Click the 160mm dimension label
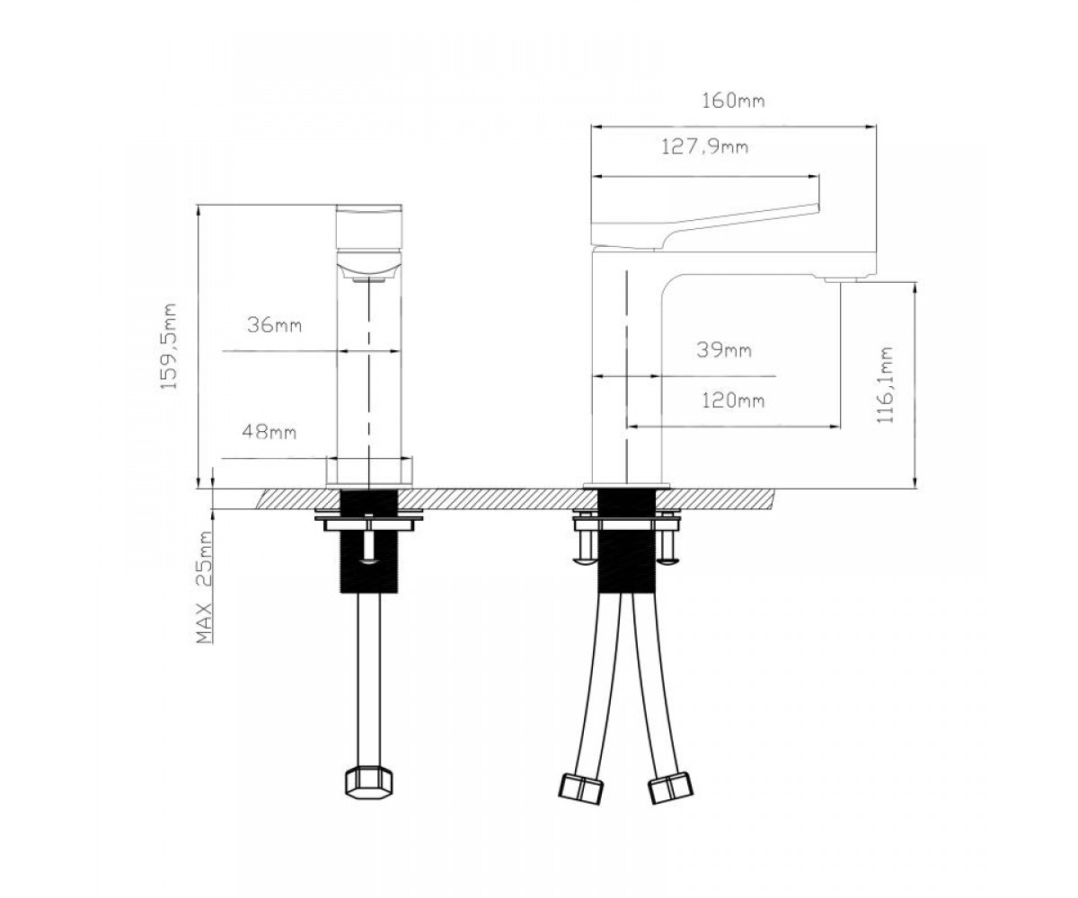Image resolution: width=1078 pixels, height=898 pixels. (733, 101)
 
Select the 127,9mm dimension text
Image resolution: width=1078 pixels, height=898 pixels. (704, 147)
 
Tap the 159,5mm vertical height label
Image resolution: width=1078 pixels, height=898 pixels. (169, 347)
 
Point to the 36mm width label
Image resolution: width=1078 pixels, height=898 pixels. (274, 325)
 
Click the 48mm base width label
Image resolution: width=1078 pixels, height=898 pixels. (269, 431)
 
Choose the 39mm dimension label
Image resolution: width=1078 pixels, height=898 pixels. (724, 350)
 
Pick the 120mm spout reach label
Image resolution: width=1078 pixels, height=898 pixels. (733, 400)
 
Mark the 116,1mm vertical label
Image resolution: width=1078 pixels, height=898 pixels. (886, 384)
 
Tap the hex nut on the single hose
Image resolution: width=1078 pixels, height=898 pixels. (368, 790)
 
